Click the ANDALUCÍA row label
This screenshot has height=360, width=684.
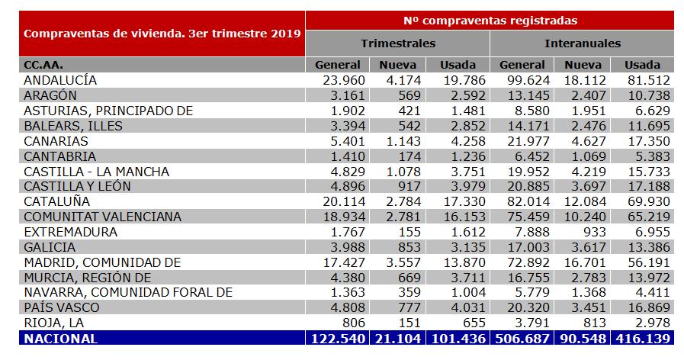click(60, 80)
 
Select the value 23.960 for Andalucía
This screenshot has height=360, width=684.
click(344, 80)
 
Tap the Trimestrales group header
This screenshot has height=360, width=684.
click(398, 43)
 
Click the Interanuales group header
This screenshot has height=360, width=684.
click(583, 43)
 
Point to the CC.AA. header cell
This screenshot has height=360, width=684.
click(43, 65)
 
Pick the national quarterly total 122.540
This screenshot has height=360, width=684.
click(338, 339)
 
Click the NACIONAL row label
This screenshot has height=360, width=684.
click(61, 339)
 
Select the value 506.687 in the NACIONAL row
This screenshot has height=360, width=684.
click(522, 339)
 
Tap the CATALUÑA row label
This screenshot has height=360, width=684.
click(56, 201)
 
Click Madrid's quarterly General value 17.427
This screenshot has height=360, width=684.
click(344, 262)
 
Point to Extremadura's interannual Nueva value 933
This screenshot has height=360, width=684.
click(594, 232)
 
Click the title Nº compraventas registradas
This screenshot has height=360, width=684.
click(490, 21)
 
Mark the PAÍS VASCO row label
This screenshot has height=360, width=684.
click(62, 307)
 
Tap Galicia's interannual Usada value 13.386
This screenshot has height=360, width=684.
click(649, 247)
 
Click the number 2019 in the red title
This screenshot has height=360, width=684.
click(286, 34)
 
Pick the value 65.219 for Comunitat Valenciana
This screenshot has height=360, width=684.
click(649, 217)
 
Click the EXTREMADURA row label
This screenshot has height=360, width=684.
click(71, 232)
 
